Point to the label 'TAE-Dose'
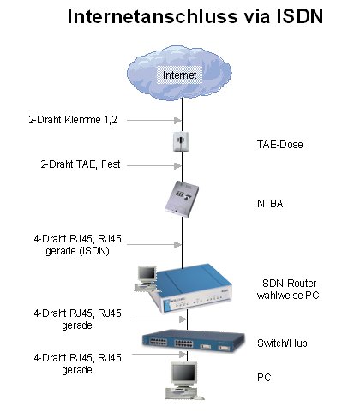pos(277,146)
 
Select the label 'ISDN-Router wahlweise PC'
pos(287,290)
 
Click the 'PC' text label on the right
pos(265,377)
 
